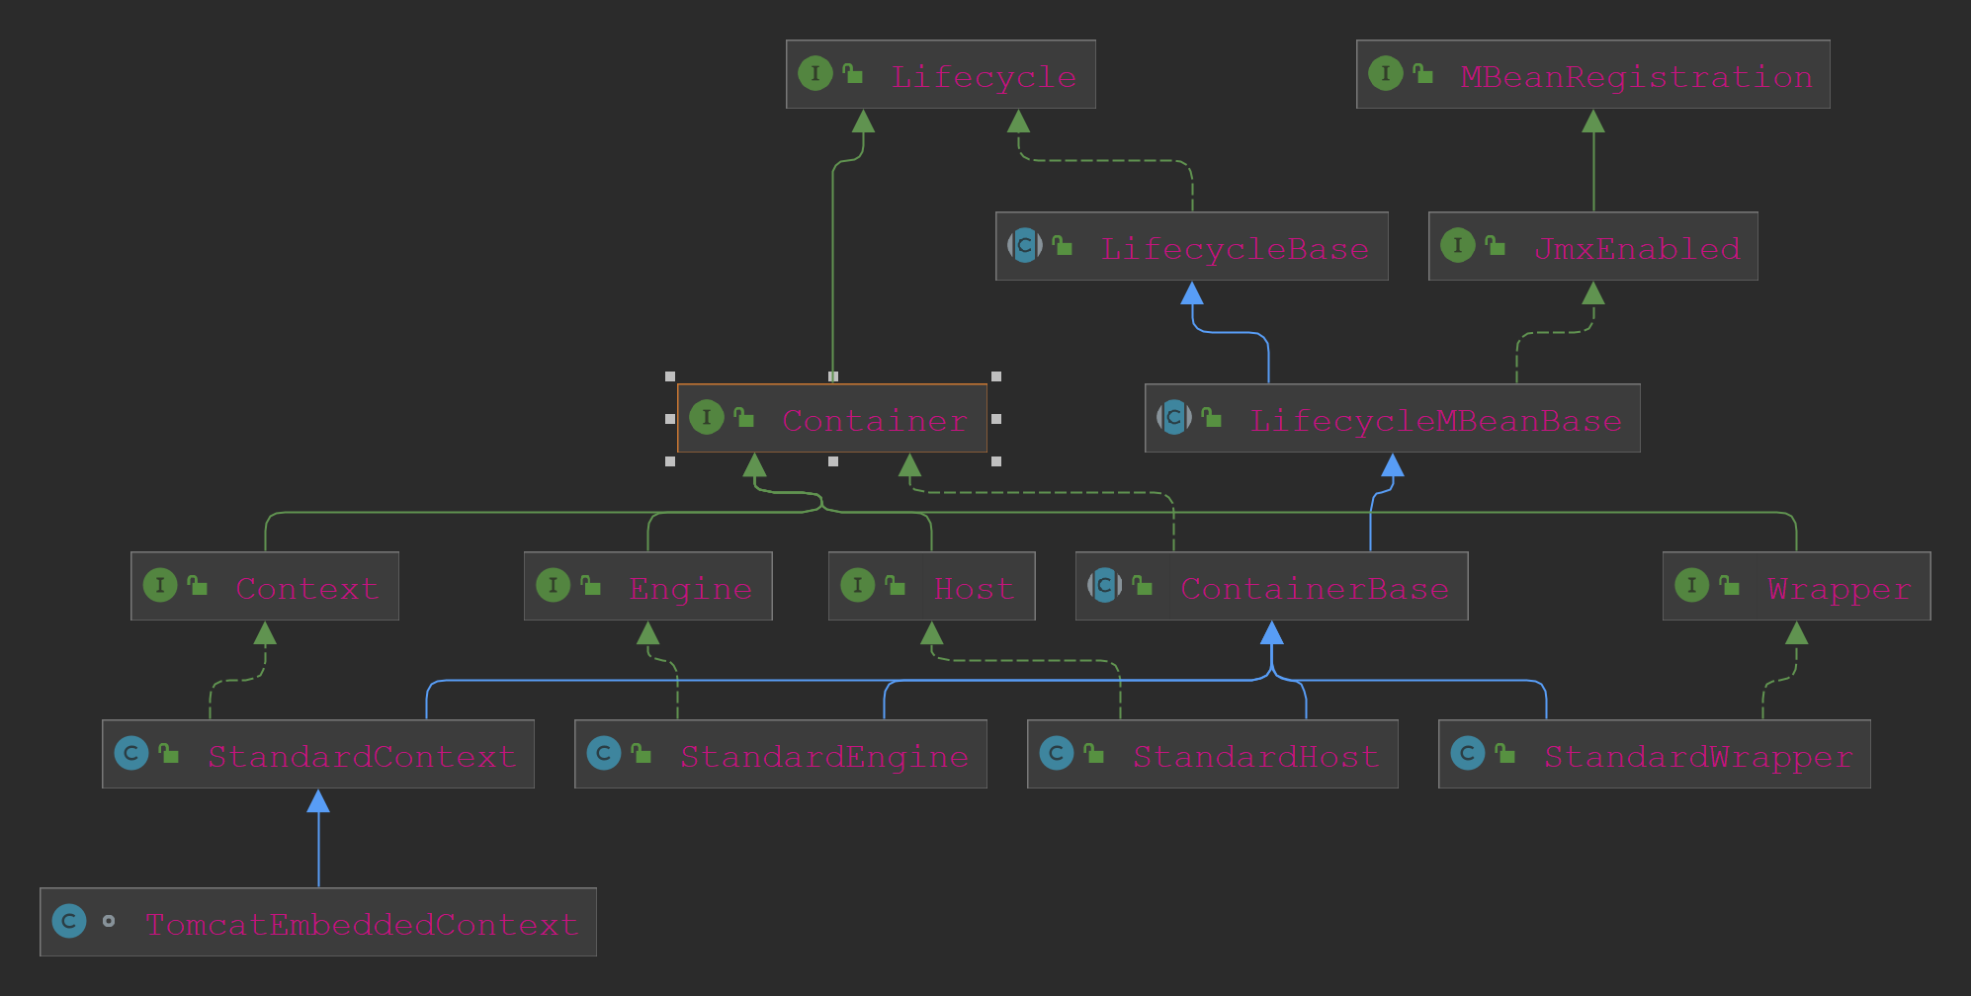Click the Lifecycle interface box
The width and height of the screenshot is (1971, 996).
[940, 74]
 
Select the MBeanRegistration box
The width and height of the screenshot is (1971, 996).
[1592, 74]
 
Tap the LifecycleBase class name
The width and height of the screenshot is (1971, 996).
[1235, 248]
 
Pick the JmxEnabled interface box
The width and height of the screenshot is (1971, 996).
[1592, 246]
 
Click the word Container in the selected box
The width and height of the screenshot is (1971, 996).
[874, 420]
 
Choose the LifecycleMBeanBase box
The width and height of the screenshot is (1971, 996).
[1392, 418]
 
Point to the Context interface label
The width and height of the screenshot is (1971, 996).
[306, 588]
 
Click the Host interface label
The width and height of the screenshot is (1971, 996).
[974, 588]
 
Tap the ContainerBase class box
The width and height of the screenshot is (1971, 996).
[1271, 586]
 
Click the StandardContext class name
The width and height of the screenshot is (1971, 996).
[362, 756]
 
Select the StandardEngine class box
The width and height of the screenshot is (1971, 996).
[780, 754]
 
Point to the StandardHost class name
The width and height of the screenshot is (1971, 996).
[1255, 756]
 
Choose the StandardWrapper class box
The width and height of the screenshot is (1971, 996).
[1654, 754]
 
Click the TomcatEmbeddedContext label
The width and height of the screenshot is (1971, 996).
[362, 924]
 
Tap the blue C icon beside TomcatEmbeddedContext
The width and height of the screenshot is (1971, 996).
[69, 922]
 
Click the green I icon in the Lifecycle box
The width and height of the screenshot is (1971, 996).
[814, 73]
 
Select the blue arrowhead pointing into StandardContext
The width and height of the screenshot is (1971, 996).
[318, 800]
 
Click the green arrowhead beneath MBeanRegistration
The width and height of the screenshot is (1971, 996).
[1593, 121]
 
